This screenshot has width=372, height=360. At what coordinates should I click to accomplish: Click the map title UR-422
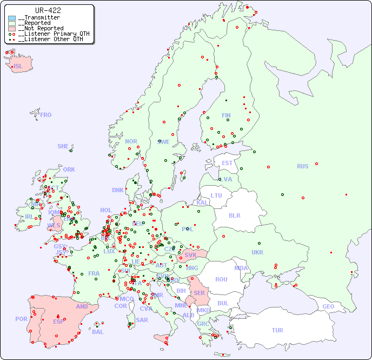pos(48,10)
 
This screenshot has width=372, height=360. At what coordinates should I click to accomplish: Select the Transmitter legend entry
pos(39,18)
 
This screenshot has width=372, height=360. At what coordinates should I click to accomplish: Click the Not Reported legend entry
pos(41,28)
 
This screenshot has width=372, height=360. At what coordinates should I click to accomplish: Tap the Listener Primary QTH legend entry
pos(51,34)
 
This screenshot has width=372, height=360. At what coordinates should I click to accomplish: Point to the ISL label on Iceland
pos(18,67)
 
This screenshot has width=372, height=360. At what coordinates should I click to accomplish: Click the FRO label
pos(46,115)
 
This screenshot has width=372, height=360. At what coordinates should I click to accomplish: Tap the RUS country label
pos(302,166)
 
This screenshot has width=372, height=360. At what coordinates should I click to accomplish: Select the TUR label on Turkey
pos(277,330)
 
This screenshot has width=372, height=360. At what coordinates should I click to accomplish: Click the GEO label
pos(328,306)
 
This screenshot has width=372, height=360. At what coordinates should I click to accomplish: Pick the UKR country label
pos(257,252)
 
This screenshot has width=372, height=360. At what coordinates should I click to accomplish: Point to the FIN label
pos(226,115)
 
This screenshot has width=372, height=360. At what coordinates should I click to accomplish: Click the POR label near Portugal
pos(21,319)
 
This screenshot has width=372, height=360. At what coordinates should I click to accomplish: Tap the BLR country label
pos(235,215)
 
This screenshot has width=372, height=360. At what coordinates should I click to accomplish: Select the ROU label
pos(221,279)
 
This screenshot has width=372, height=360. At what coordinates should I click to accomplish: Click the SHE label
pos(63,146)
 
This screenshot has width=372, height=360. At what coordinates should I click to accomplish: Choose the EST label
pos(227,163)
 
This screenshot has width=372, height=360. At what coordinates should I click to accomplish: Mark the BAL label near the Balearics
pos(97,332)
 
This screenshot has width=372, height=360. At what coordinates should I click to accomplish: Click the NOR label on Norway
pos(131,141)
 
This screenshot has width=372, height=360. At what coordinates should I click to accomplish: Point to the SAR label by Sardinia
pos(142,320)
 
